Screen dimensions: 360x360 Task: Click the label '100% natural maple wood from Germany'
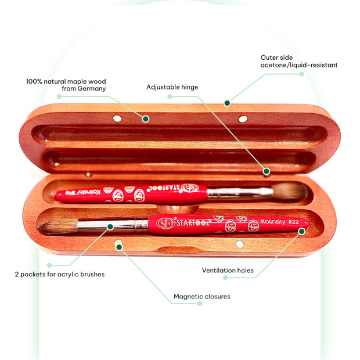(x=66, y=85)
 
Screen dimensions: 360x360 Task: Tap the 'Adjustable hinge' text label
(x=172, y=87)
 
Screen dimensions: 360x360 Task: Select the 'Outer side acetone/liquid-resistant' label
(x=299, y=62)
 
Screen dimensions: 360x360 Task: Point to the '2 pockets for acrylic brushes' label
(x=60, y=274)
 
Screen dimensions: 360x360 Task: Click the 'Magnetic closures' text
(x=201, y=297)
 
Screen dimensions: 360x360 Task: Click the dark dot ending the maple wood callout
(x=146, y=118)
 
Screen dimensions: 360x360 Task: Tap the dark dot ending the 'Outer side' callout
(x=227, y=103)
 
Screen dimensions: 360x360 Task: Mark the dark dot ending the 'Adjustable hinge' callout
(x=266, y=171)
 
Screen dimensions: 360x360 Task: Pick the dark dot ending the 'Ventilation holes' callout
(x=301, y=231)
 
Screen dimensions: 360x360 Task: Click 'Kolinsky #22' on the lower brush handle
(x=281, y=222)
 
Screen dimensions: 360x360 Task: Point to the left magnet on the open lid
(x=117, y=118)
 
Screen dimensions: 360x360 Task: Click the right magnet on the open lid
(x=243, y=119)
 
